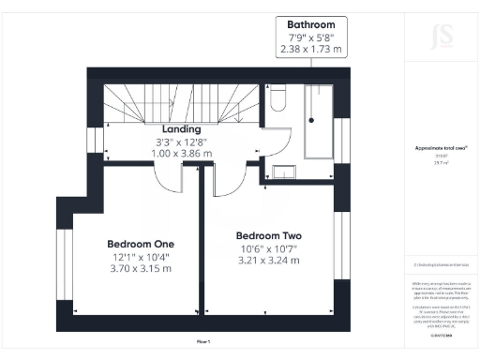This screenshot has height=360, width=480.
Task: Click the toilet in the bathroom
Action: [279, 99]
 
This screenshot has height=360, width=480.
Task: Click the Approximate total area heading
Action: [438, 148]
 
